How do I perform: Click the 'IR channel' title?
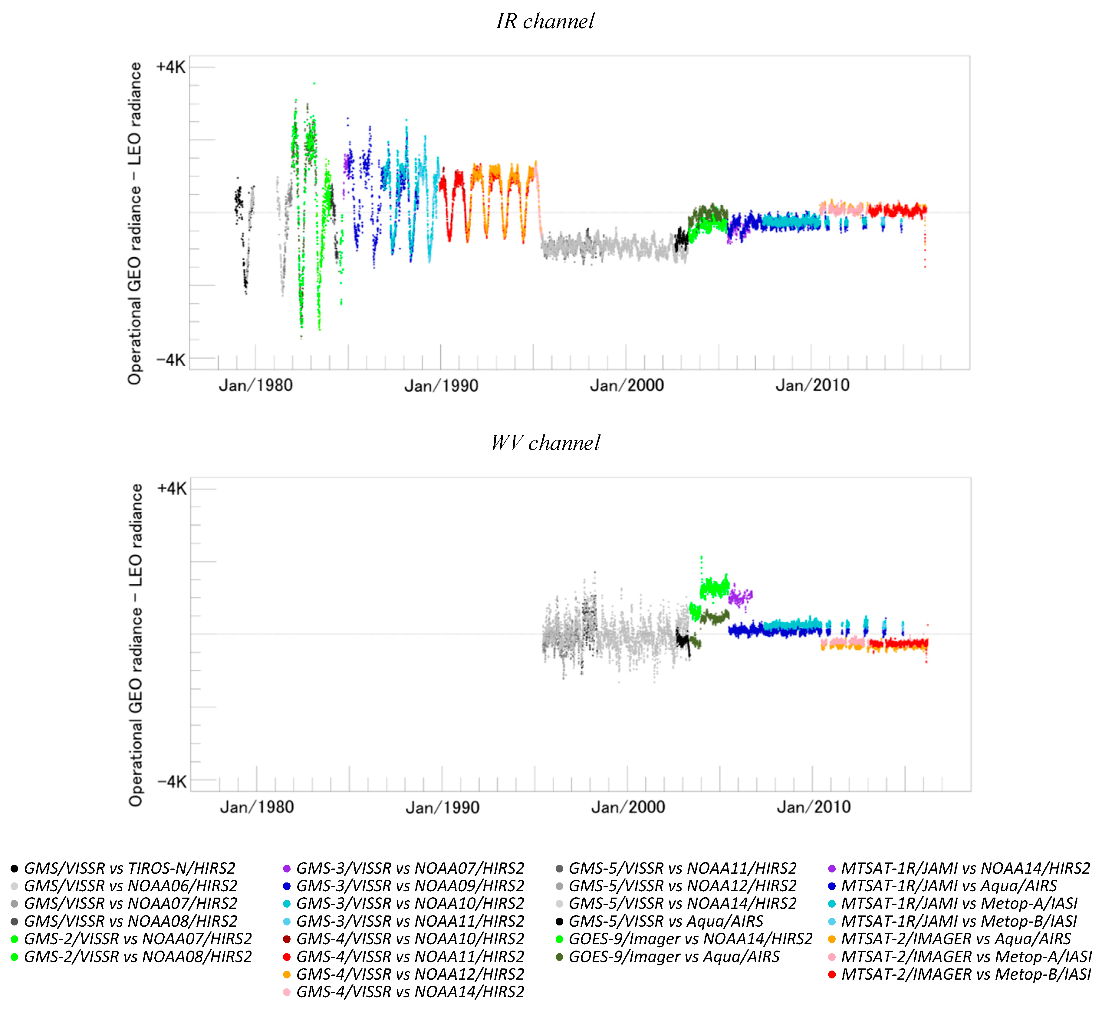click(x=545, y=21)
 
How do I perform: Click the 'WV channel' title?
click(x=545, y=443)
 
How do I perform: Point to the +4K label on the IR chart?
click(x=170, y=67)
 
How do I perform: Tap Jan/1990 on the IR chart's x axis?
click(x=441, y=386)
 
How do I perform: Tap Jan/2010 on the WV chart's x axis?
click(x=814, y=807)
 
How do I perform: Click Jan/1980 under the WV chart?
click(x=257, y=807)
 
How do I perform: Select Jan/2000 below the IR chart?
click(x=627, y=386)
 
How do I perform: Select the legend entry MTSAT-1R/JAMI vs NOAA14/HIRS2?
click(x=965, y=869)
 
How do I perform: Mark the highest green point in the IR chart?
click(x=314, y=84)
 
